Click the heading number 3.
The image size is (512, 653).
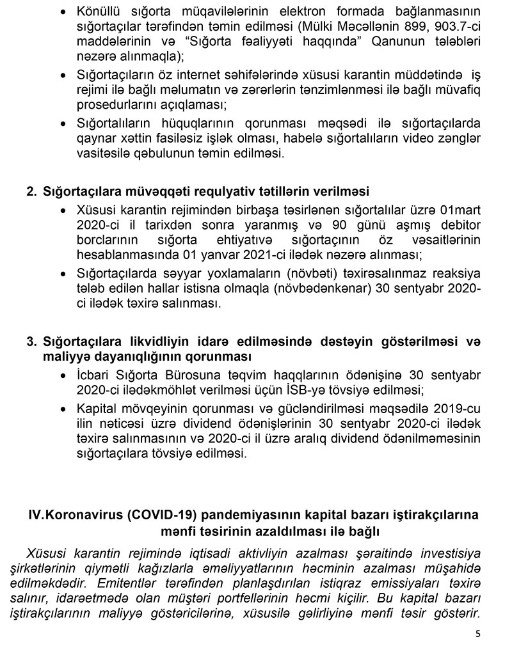click(31, 341)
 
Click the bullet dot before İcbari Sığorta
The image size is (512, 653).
click(63, 374)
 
